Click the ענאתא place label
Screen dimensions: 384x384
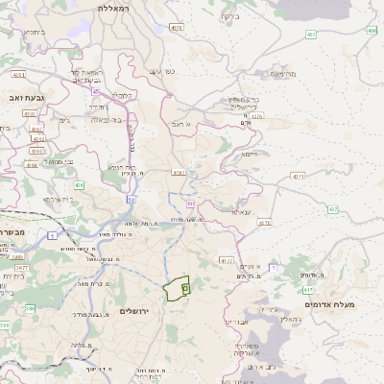click(241, 210)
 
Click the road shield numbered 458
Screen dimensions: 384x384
click(371, 31)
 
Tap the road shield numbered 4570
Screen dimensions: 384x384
click(257, 117)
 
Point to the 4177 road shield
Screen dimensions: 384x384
click(227, 259)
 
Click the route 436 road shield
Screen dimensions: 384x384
click(78, 184)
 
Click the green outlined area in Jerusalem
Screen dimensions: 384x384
click(176, 289)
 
